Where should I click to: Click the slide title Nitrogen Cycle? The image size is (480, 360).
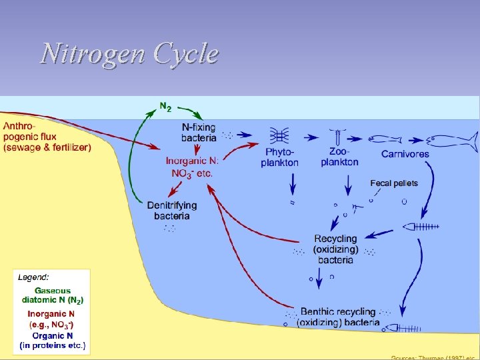(x=129, y=54)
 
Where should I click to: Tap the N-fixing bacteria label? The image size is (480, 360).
(x=199, y=132)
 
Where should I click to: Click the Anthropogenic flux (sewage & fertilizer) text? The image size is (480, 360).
(x=47, y=136)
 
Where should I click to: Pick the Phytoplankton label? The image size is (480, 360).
(x=280, y=158)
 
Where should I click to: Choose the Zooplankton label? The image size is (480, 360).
(x=339, y=157)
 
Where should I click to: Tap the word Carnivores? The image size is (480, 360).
(x=405, y=154)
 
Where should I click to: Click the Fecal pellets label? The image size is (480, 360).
(x=394, y=183)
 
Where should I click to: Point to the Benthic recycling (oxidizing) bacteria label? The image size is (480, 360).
(x=339, y=317)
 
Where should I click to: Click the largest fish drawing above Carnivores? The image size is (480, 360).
(x=453, y=141)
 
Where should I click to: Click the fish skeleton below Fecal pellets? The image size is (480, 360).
(x=421, y=227)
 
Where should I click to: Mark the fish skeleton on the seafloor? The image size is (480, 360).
(x=399, y=327)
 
